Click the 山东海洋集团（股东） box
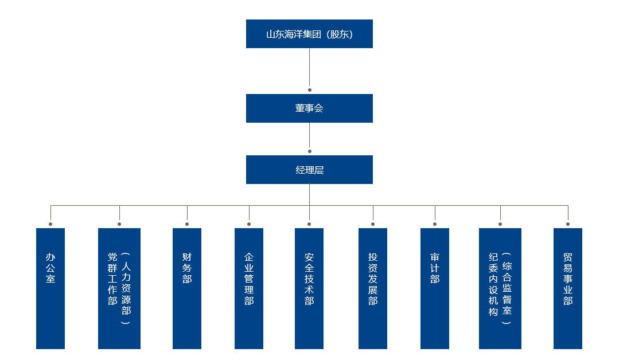tap(309, 34)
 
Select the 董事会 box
tap(309, 108)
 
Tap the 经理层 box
tap(309, 170)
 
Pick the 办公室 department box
tap(50, 288)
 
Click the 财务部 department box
tap(187, 288)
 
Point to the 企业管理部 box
tap(249, 288)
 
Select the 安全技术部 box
tap(309, 288)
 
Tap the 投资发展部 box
tap(373, 288)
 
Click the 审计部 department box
tap(435, 288)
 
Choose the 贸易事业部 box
tap(568, 288)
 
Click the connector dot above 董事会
tap(310, 90)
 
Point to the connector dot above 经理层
tap(310, 151)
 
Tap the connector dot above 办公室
tap(50, 224)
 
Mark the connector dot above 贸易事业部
tap(568, 224)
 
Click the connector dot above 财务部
tap(187, 224)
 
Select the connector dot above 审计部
tap(435, 224)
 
